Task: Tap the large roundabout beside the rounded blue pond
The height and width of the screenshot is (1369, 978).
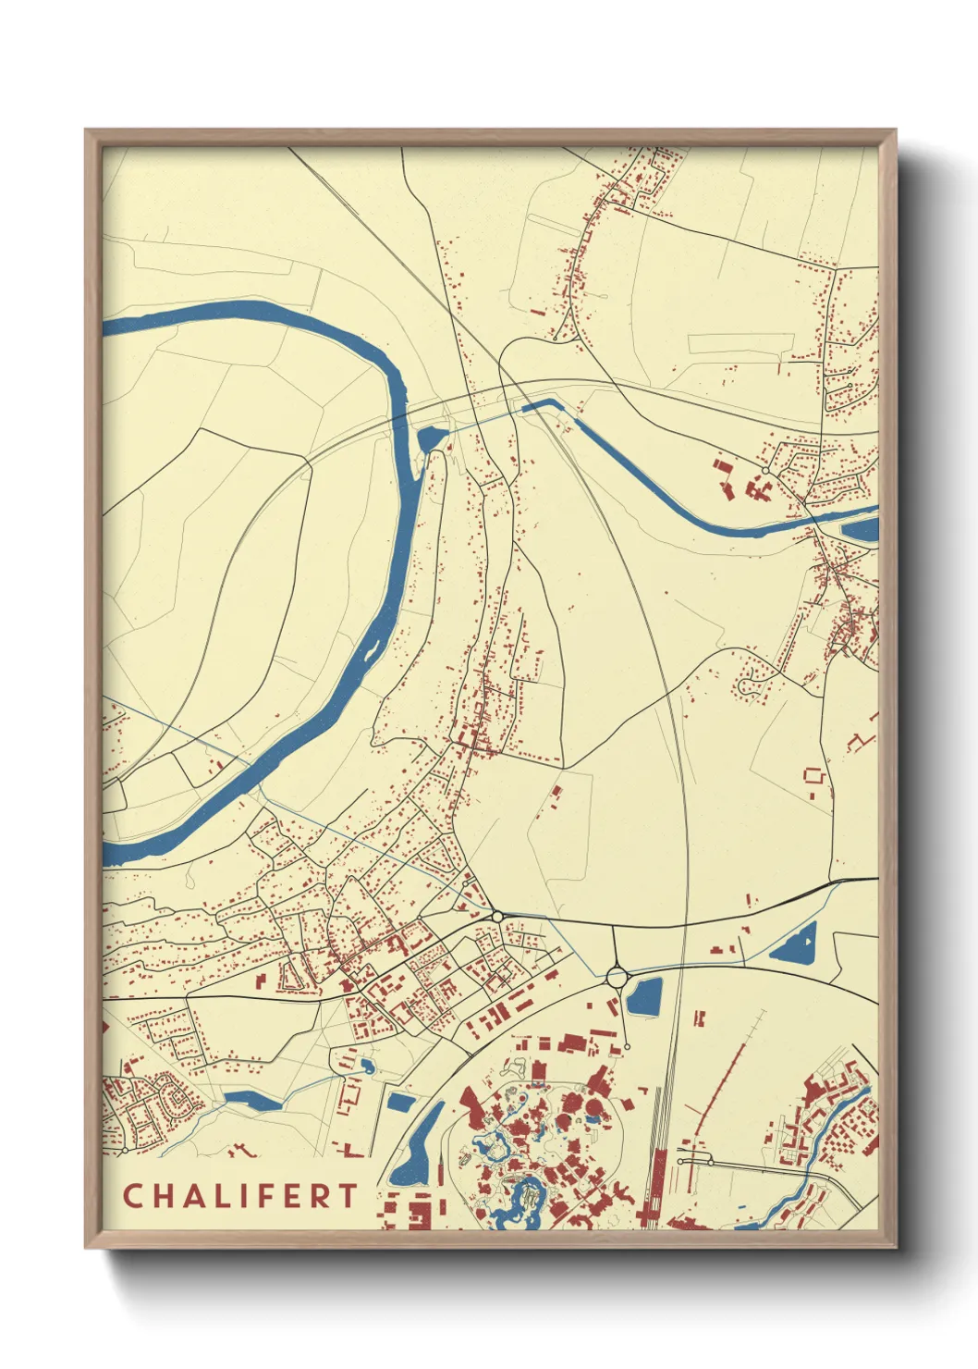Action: tap(617, 975)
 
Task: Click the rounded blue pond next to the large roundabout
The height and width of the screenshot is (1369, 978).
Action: tap(644, 996)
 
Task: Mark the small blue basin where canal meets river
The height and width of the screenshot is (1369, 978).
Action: tap(431, 437)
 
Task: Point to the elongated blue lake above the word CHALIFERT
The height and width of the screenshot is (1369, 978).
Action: tap(251, 1099)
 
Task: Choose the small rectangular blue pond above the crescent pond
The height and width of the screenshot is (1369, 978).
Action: tap(399, 1101)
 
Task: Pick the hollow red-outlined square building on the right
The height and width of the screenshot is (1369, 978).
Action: tap(813, 775)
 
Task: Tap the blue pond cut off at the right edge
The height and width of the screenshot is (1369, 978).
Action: tap(861, 530)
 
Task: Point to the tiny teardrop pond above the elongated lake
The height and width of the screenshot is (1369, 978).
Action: tap(368, 1067)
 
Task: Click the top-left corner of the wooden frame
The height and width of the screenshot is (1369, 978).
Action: tap(87, 131)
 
